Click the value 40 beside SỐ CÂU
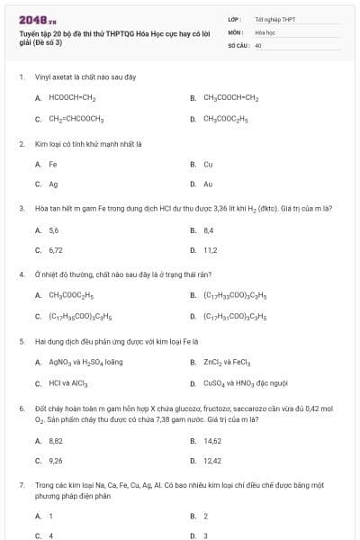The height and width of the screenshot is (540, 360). pos(258,44)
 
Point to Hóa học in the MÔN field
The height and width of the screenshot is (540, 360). pos(264,31)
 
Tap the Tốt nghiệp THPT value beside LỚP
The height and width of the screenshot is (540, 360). pos(274,19)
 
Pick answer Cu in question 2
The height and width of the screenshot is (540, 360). pos(208,165)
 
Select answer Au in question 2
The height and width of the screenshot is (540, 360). pos(208,184)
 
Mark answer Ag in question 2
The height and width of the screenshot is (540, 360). pos(53,184)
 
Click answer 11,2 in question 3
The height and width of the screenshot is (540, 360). pos(210,250)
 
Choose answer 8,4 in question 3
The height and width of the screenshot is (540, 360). pos(208,230)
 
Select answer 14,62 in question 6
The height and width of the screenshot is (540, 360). pos(211,441)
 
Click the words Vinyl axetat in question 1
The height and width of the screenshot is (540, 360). pos(52,77)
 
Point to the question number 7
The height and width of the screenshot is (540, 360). pos(21,484)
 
